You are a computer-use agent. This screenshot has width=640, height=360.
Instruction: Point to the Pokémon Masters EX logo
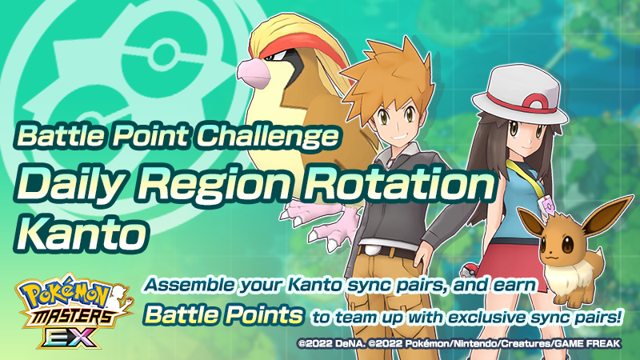[67, 313]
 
